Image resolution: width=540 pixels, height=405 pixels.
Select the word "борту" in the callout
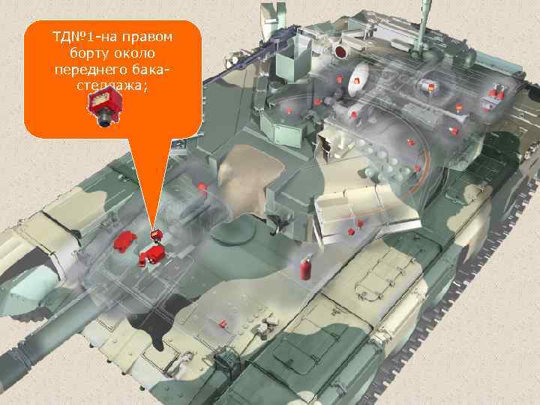point(89,53)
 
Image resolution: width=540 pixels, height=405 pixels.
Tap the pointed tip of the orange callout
point(153,229)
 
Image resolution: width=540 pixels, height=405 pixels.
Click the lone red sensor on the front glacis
point(222,324)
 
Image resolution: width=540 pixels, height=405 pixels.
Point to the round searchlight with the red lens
point(341,51)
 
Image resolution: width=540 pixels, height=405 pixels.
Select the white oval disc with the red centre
point(358,72)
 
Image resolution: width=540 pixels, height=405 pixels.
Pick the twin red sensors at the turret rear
point(493,94)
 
